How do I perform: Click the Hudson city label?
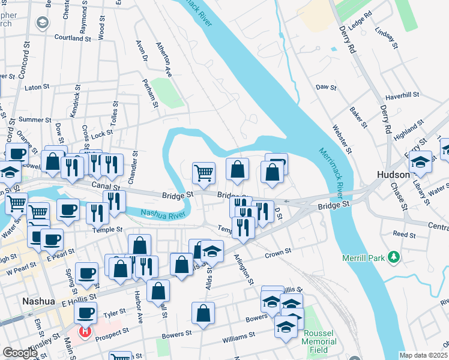[x=393, y=175]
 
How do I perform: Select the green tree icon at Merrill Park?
[x=394, y=257]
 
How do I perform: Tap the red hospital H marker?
[x=85, y=331]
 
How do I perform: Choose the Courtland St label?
[x=72, y=38]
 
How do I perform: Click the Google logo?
[x=20, y=353]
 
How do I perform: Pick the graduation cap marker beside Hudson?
[x=421, y=162]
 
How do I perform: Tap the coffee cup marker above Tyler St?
[x=86, y=313]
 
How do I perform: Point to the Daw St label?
[x=326, y=87]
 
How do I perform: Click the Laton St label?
[x=37, y=87]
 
